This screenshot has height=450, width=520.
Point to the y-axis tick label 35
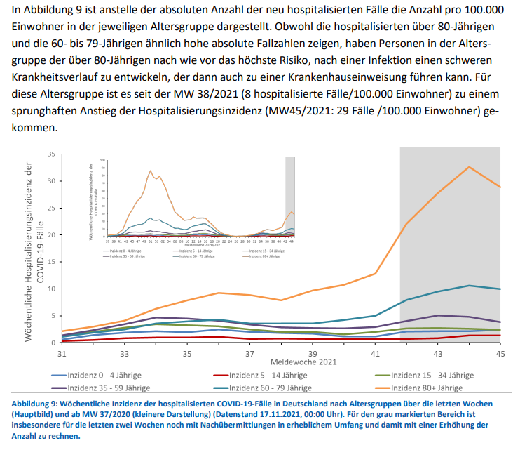coord(50,154)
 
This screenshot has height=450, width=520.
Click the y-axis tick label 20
coord(50,234)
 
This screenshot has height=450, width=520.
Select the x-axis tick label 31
coord(62,354)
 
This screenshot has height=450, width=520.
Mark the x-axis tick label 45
coord(500,354)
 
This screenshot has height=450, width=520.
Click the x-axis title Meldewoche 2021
coord(298,363)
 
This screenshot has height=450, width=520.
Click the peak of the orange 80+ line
coord(469,166)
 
